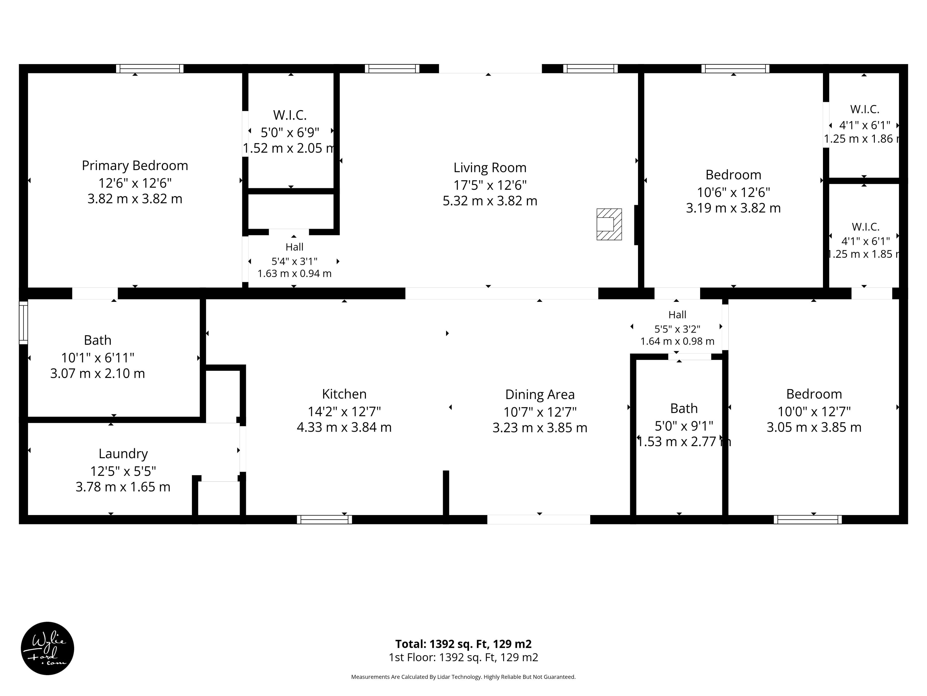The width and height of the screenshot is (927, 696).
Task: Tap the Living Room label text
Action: (x=490, y=168)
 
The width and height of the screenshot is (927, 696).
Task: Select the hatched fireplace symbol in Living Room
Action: (x=609, y=225)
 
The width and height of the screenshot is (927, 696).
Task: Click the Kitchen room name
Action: (x=344, y=394)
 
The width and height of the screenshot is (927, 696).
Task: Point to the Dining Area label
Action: (x=540, y=395)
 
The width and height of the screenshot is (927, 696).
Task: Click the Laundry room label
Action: (x=123, y=454)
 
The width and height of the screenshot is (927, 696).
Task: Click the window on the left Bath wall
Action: (x=23, y=323)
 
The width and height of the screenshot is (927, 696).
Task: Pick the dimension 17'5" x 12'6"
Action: (x=490, y=185)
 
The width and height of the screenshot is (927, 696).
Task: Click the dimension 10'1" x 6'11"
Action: (x=98, y=358)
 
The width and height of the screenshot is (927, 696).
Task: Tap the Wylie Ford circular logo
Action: (x=47, y=648)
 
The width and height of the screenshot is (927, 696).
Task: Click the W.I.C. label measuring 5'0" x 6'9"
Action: (x=290, y=115)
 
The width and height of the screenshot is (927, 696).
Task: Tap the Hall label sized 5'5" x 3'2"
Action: (x=677, y=315)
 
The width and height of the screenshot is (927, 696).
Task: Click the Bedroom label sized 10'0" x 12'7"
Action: (x=814, y=394)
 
